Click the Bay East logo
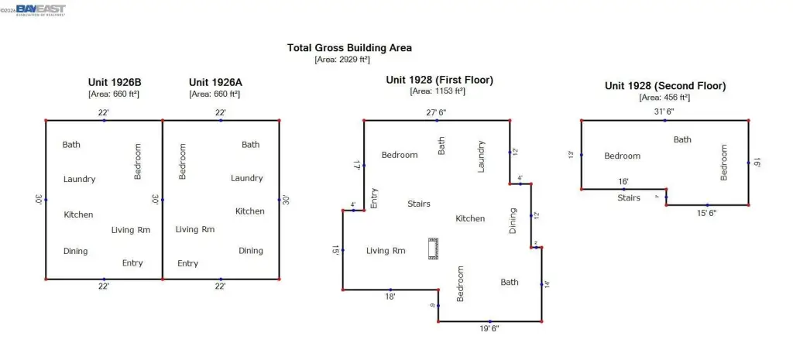40,10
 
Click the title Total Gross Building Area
349,47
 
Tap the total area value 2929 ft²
342,60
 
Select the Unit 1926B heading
114,82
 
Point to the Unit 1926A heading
215,82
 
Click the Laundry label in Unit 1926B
79,179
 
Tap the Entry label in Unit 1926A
187,263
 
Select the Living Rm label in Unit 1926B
131,230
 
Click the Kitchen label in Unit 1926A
250,211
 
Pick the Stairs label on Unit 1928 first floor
419,204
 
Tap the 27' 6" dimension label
437,112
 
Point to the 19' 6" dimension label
485,328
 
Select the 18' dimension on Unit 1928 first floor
391,297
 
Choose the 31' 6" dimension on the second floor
664,111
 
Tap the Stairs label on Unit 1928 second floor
629,197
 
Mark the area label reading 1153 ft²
438,91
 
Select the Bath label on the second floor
682,139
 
